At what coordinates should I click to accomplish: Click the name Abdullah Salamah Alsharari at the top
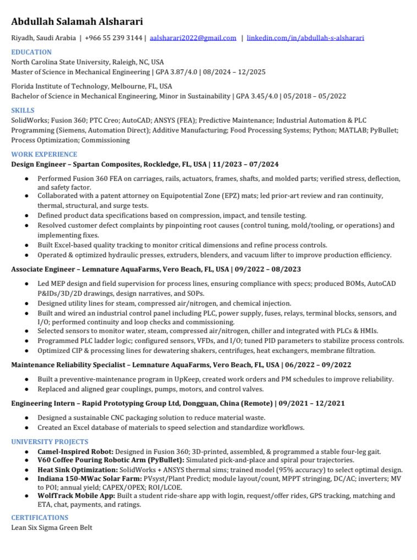coord(77,22)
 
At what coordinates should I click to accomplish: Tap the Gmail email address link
coord(193,38)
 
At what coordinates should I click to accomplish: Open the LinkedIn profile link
coord(305,38)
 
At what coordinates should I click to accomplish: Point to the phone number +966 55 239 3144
coord(113,38)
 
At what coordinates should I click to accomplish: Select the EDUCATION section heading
coord(31,52)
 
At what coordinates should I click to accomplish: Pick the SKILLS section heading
coord(23,110)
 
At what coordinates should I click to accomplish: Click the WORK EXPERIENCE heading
coord(44,154)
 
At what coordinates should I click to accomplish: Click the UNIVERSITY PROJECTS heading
coord(50,442)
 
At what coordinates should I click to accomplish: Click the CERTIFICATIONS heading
coord(40,518)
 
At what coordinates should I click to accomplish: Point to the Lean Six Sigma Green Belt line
coord(52,528)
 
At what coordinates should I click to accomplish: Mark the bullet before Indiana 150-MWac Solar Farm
coord(27,479)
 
